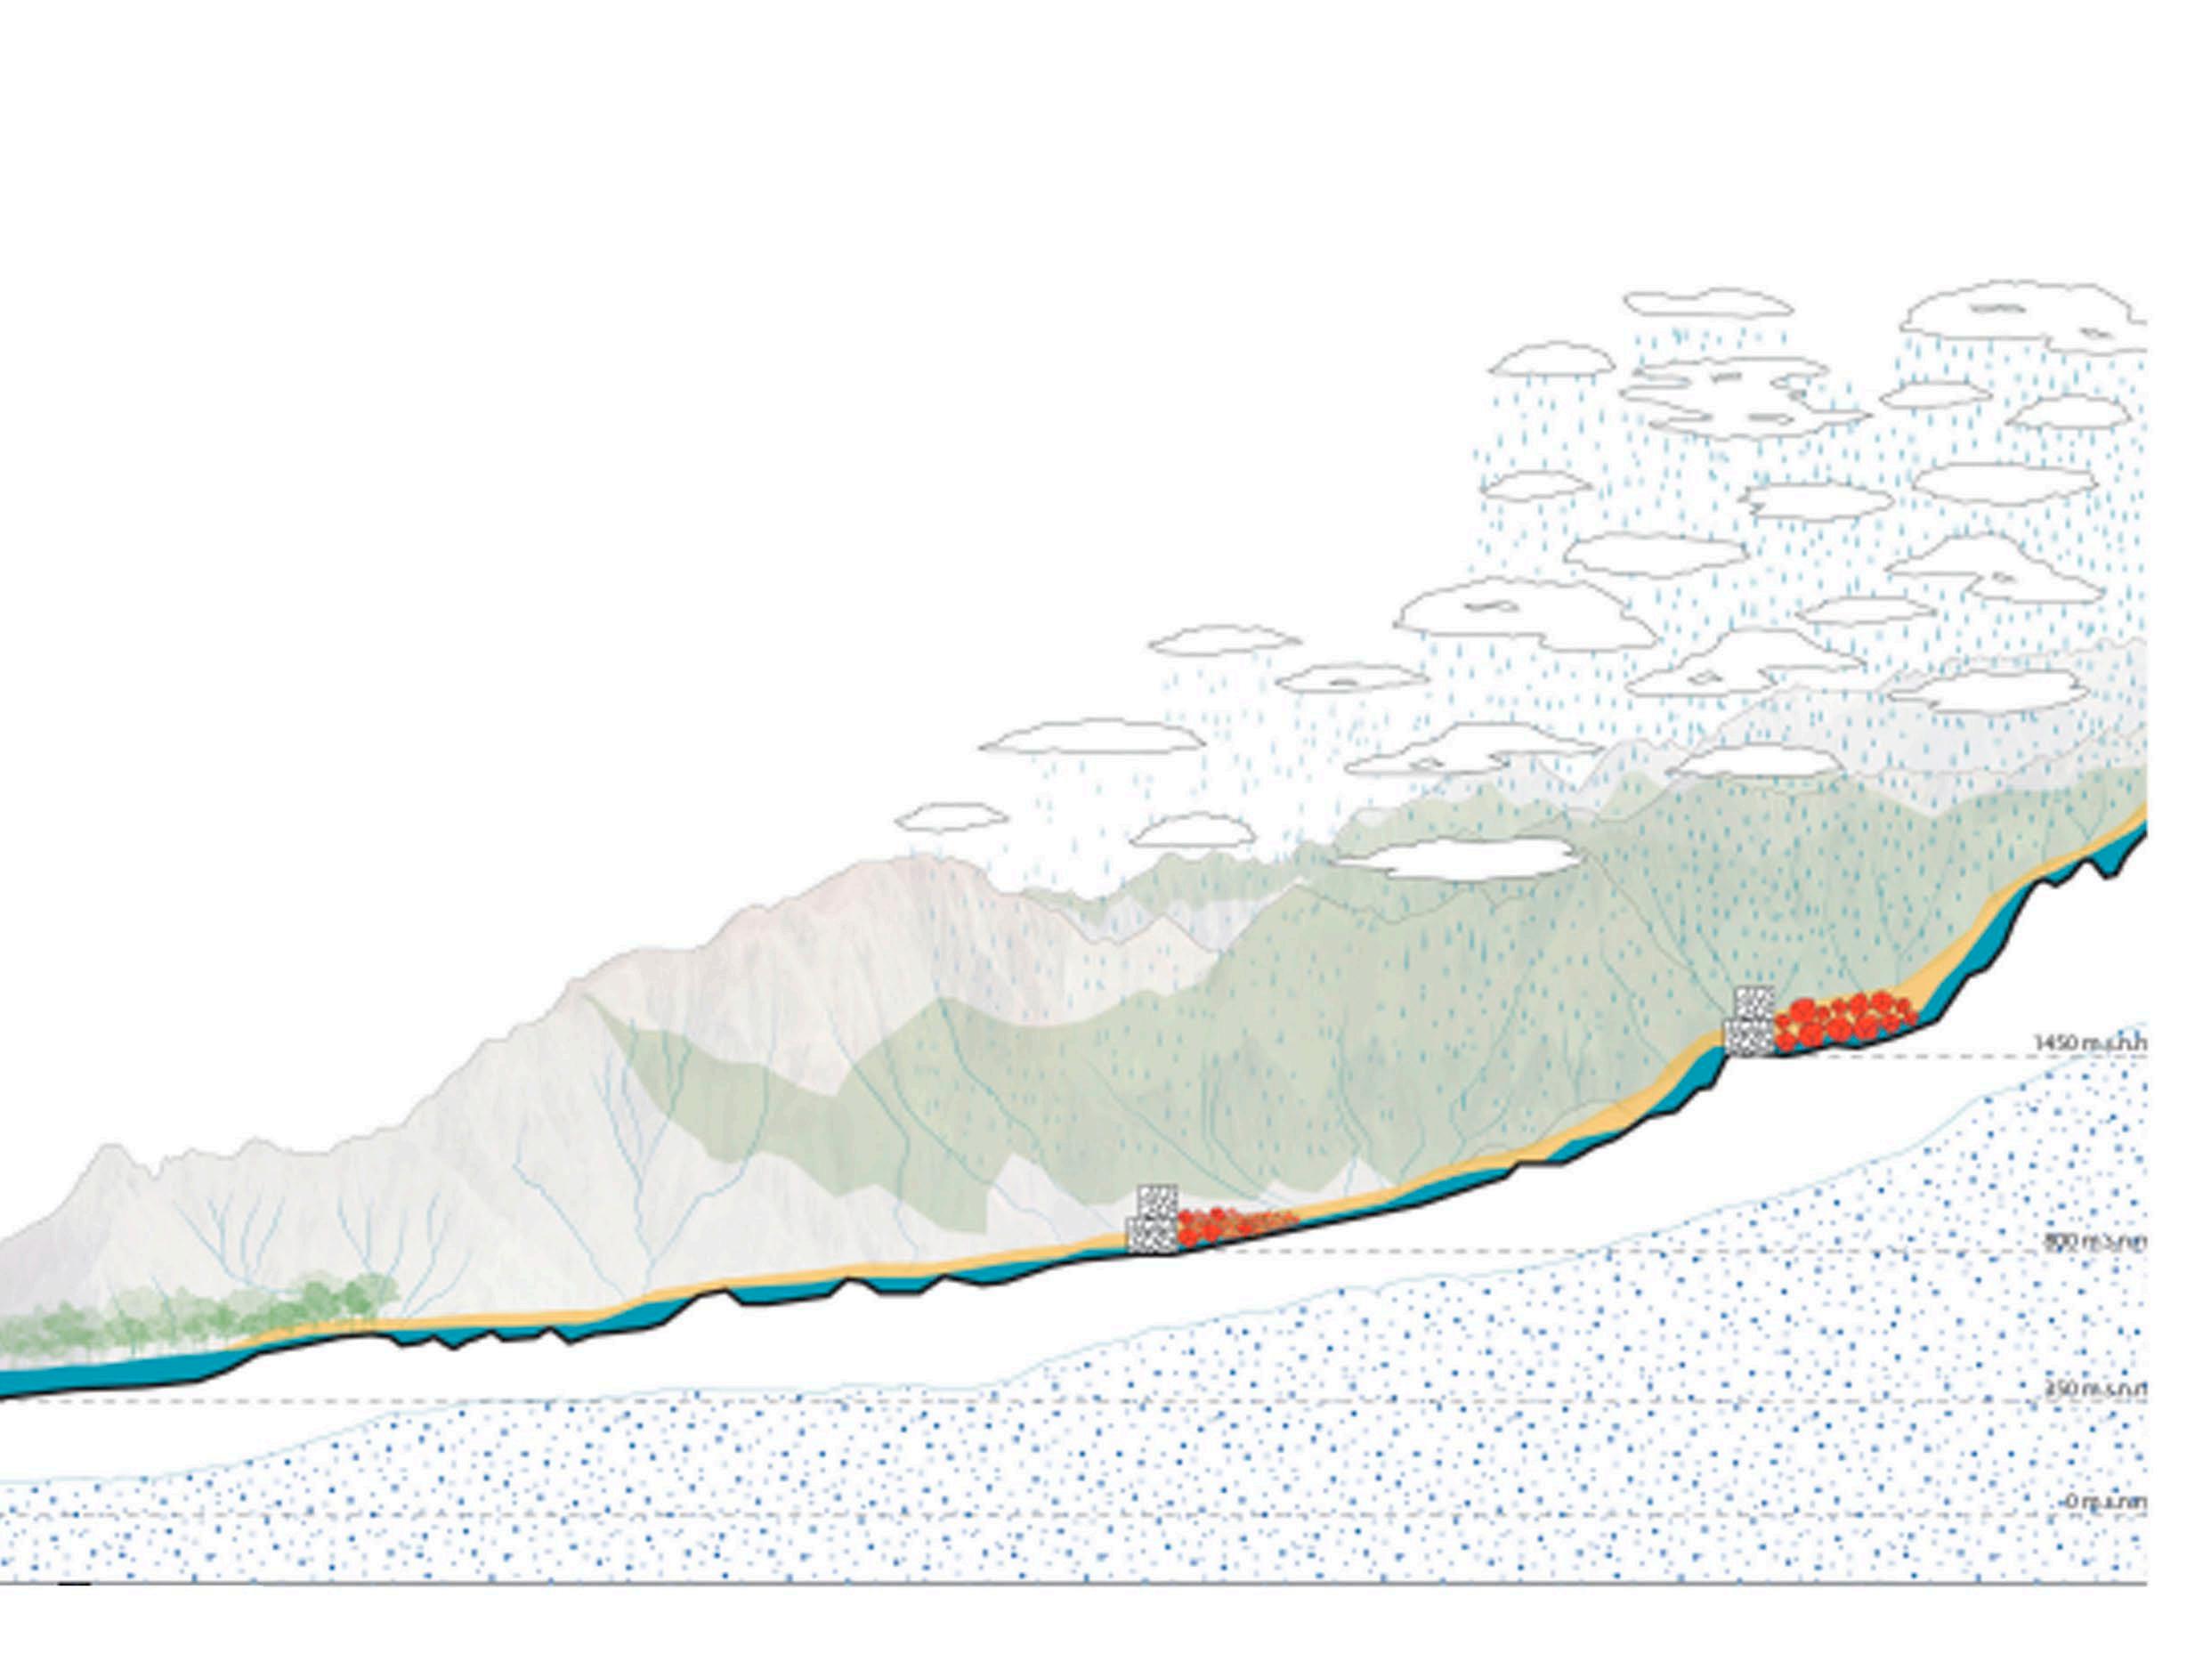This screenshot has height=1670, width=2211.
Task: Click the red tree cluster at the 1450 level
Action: click(1842, 1021)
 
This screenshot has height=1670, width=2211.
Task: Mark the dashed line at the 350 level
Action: click(1000, 1400)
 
